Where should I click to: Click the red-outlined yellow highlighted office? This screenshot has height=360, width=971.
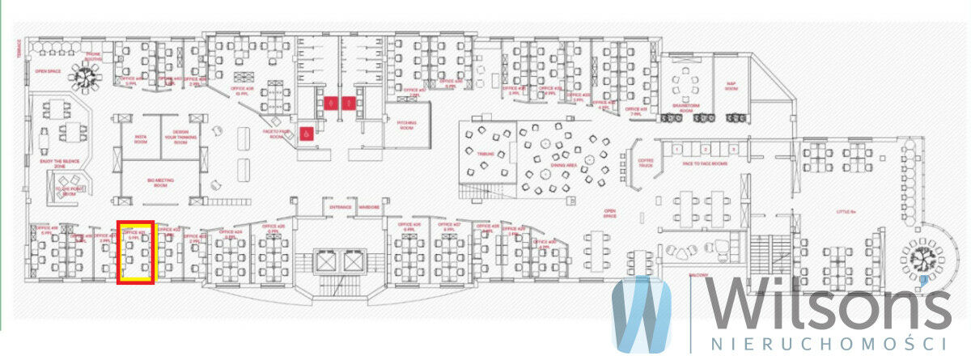point(136,252)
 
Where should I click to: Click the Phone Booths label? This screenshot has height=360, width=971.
point(94,57)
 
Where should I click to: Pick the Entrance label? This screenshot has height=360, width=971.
point(341,207)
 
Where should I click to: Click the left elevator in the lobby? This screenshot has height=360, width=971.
point(325,262)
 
